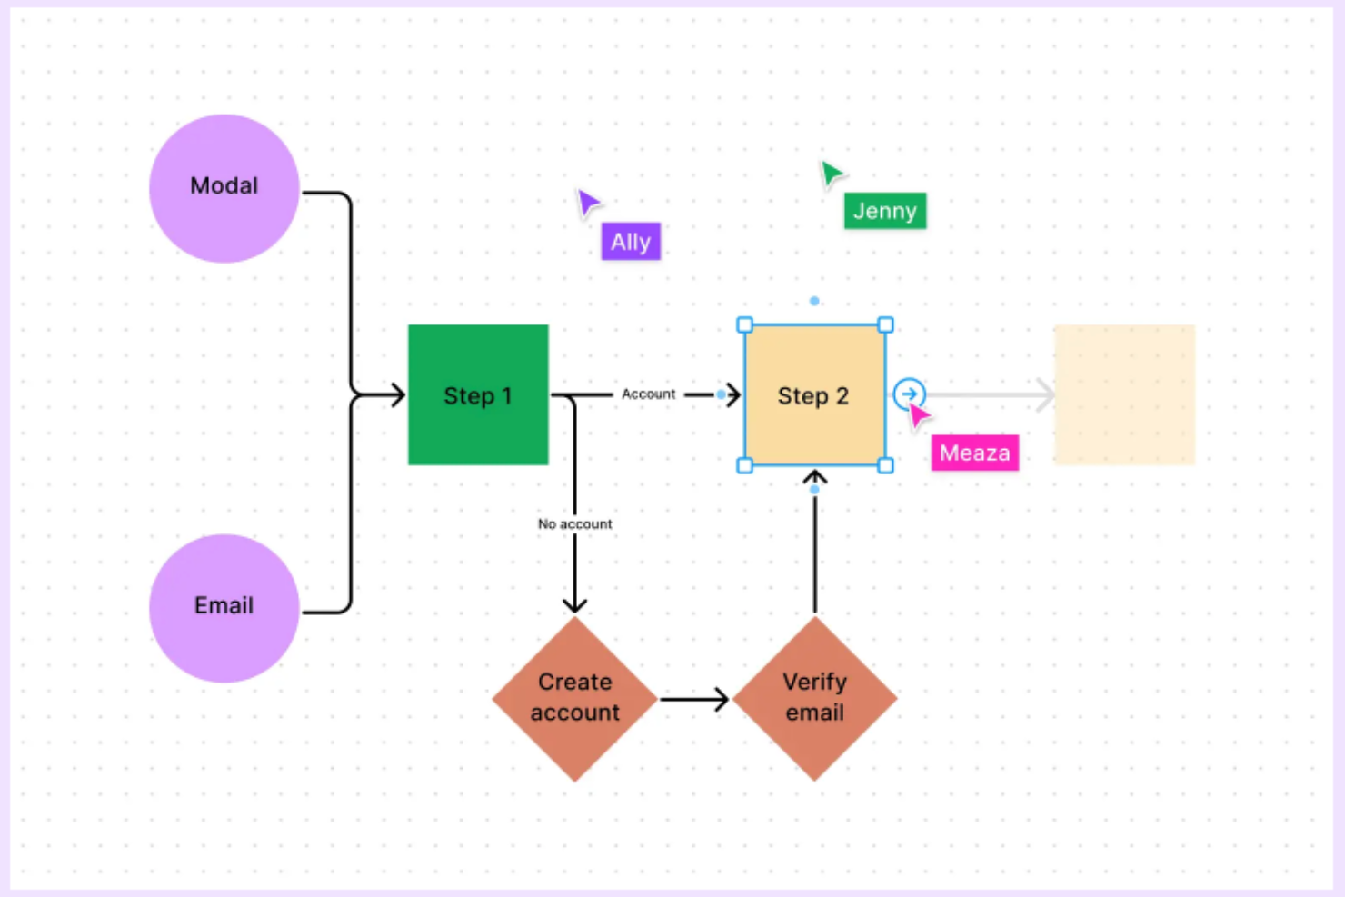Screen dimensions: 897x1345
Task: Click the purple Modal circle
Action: click(224, 188)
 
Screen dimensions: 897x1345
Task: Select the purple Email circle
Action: click(224, 607)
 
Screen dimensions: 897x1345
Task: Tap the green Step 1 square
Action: click(478, 394)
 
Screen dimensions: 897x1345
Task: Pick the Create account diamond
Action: click(574, 698)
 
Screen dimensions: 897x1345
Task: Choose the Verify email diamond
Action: click(814, 698)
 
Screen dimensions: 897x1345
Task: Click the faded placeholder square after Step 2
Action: click(1124, 394)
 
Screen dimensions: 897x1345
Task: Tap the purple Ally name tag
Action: click(631, 242)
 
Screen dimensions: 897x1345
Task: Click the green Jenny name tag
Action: click(884, 211)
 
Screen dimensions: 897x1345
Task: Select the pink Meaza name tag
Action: click(974, 453)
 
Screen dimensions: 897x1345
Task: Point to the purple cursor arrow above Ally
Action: click(588, 202)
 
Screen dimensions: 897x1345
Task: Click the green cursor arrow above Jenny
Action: click(831, 173)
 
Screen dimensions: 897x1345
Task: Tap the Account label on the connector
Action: click(648, 394)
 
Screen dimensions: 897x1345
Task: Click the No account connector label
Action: click(574, 524)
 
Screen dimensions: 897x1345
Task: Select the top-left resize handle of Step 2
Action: click(744, 324)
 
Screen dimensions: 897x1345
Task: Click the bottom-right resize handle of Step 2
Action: click(885, 465)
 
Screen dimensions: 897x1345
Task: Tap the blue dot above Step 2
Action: click(814, 301)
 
